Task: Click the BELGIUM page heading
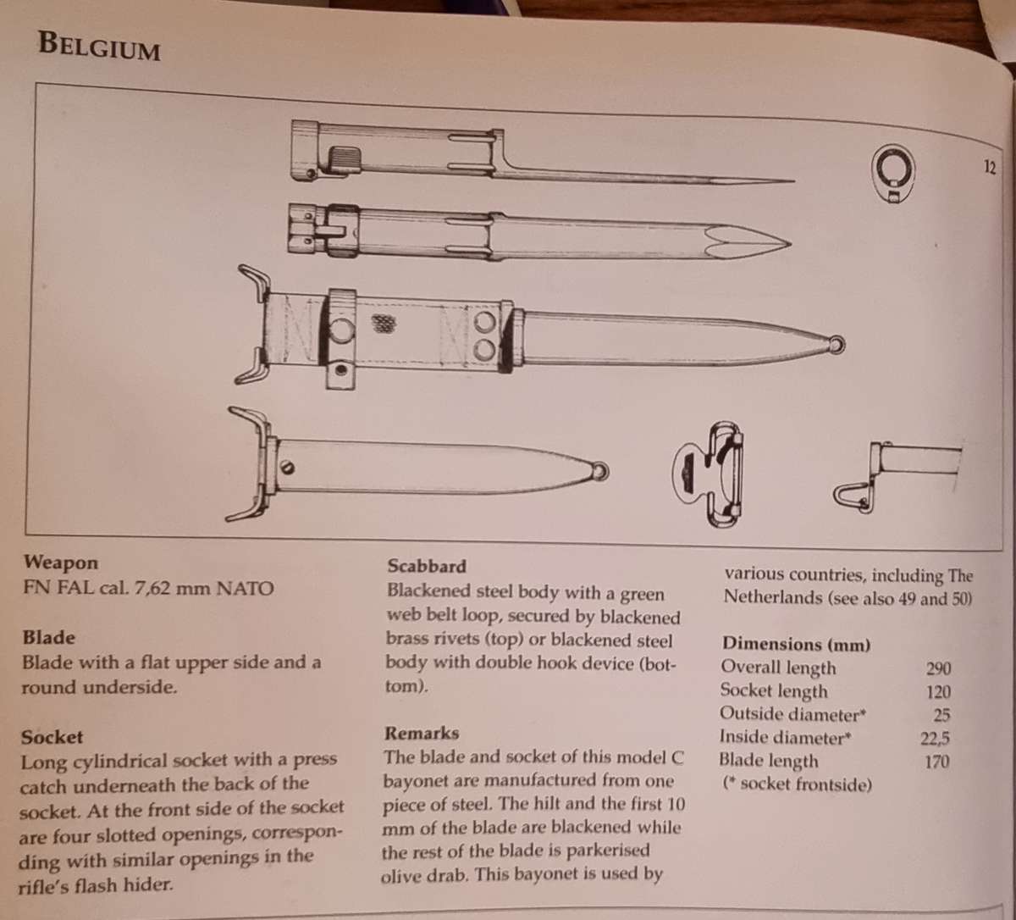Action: click(x=99, y=46)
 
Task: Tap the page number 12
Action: click(x=990, y=167)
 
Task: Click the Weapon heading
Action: click(x=61, y=563)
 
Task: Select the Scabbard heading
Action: click(x=427, y=567)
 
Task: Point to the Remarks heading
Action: click(x=422, y=733)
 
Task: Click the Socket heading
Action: click(x=52, y=737)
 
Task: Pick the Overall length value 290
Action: click(x=939, y=668)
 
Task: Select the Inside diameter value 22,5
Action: click(x=936, y=738)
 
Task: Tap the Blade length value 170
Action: click(x=937, y=762)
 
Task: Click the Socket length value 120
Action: click(x=939, y=692)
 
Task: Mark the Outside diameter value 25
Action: click(x=941, y=715)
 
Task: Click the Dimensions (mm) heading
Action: click(x=796, y=645)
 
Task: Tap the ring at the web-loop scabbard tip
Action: click(x=838, y=344)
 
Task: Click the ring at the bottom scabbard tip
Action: click(x=601, y=470)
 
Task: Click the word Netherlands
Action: click(x=772, y=597)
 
